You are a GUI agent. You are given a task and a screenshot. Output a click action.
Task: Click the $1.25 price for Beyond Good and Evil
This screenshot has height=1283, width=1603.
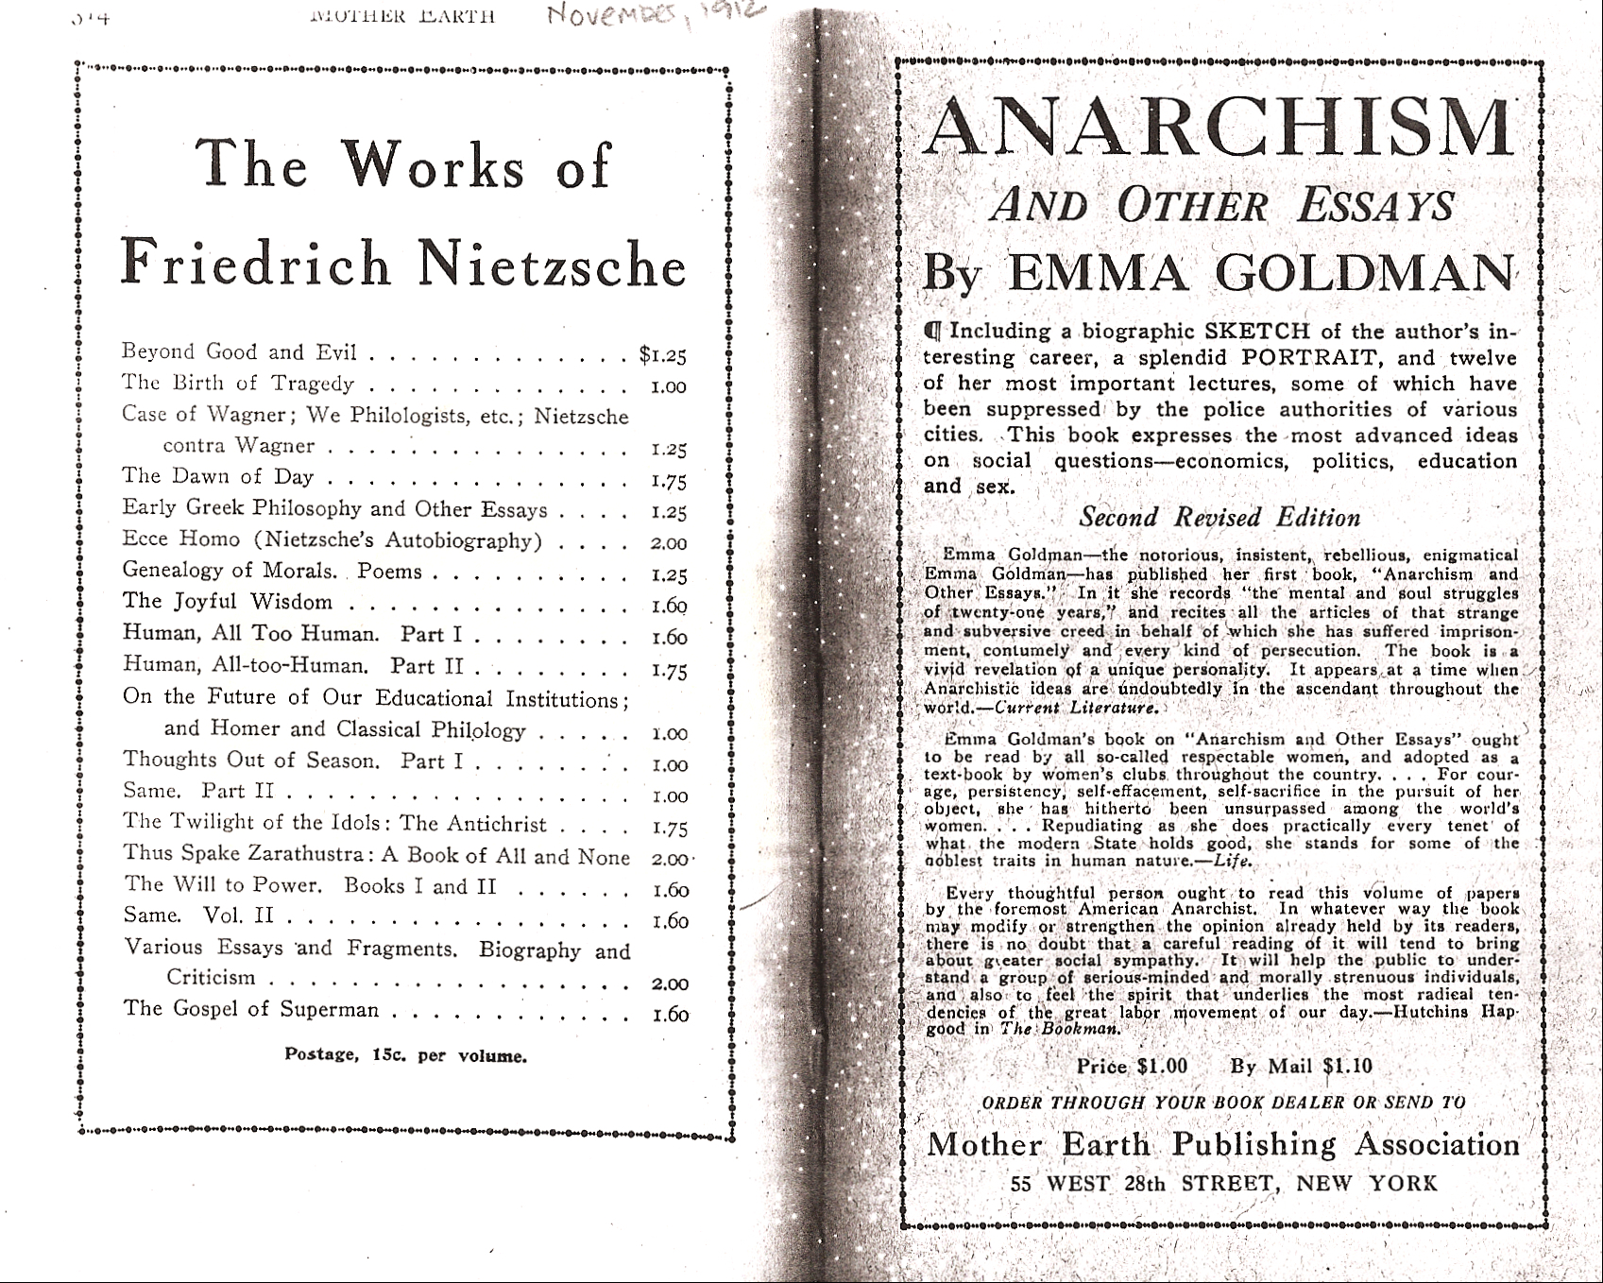(x=662, y=355)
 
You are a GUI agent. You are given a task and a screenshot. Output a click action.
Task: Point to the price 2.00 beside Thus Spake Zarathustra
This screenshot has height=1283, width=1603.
(x=671, y=860)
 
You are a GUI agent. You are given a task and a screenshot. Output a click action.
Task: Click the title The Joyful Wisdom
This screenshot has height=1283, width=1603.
(x=228, y=602)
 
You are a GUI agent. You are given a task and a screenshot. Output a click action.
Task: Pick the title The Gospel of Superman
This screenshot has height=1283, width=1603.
(x=251, y=1009)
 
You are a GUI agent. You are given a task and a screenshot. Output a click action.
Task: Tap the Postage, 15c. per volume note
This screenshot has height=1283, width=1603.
(x=405, y=1055)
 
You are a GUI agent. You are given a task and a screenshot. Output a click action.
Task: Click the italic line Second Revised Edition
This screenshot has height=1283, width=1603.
(x=1219, y=518)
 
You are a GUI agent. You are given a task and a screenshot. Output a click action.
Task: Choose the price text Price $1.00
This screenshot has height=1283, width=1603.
(x=1132, y=1067)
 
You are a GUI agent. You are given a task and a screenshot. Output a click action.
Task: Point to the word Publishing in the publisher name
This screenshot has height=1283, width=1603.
(x=1253, y=1144)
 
